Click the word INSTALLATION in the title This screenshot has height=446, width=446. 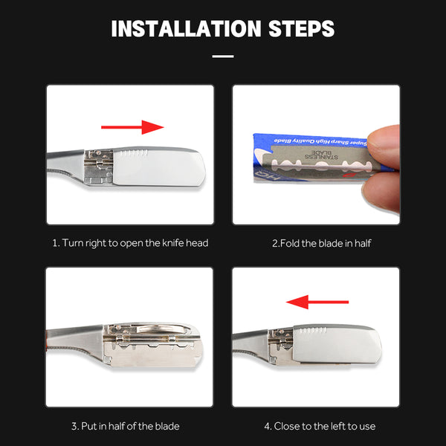pos(186,29)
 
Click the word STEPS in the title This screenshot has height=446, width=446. pos(302,29)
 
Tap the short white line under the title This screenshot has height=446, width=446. pos(223,56)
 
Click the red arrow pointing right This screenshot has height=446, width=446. pos(132,127)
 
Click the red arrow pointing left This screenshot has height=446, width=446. pos(317,302)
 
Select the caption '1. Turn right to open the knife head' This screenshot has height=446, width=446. pos(130,243)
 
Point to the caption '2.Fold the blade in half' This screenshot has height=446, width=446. pos(321,243)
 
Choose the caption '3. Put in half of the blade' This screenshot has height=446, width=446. pos(126,426)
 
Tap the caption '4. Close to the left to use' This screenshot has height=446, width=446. pos(320,426)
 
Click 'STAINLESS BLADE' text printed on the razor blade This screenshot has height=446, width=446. pos(321,155)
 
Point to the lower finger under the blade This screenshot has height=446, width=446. pos(381,192)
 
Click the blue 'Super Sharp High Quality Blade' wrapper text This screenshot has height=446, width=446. pos(320,141)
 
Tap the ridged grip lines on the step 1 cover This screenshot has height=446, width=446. pos(134,153)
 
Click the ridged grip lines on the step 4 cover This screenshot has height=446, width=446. pos(314,330)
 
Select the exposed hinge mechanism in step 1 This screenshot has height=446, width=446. pos(99,167)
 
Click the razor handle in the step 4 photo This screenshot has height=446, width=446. pos(251,345)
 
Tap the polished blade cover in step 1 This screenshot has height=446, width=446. pos(159,167)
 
